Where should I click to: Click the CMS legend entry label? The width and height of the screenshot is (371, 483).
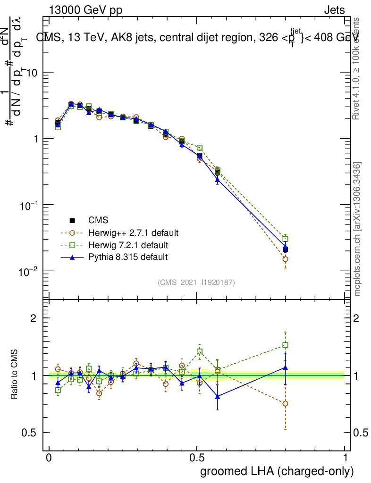pyautogui.click(x=98, y=220)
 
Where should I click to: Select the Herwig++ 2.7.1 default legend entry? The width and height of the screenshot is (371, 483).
pyautogui.click(x=133, y=233)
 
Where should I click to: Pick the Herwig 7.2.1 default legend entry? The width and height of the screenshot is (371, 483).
pyautogui.click(x=128, y=245)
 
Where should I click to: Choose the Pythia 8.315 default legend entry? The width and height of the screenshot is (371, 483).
pyautogui.click(x=128, y=257)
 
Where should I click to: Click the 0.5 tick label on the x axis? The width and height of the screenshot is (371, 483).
pyautogui.click(x=197, y=458)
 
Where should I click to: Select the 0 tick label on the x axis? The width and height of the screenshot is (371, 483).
pyautogui.click(x=49, y=458)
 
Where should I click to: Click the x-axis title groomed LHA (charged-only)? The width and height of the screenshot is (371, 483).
pyautogui.click(x=277, y=471)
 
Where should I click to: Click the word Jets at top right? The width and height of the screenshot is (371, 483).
pyautogui.click(x=334, y=10)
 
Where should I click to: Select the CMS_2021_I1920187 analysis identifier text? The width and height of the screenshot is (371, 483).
pyautogui.click(x=196, y=282)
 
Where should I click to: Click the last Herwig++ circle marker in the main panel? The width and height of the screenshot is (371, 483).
pyautogui.click(x=285, y=259)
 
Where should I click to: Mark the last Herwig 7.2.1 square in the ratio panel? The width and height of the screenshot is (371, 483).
pyautogui.click(x=285, y=345)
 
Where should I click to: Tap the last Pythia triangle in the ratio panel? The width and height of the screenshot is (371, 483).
pyautogui.click(x=285, y=367)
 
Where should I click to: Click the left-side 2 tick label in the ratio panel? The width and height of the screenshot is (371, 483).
pyautogui.click(x=34, y=318)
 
